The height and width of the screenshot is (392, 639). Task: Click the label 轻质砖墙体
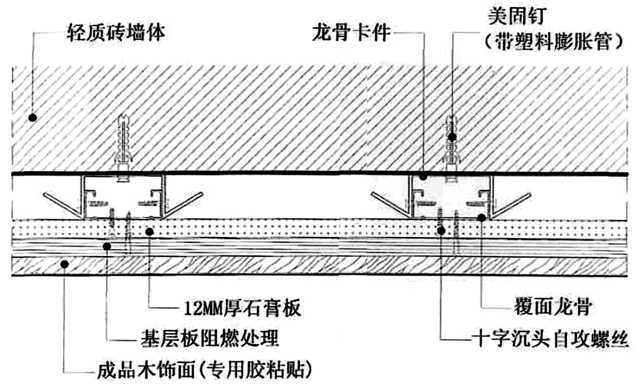pyautogui.click(x=116, y=32)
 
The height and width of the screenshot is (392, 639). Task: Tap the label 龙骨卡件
pyautogui.click(x=351, y=32)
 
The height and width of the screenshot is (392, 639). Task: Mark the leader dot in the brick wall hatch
pyautogui.click(x=33, y=117)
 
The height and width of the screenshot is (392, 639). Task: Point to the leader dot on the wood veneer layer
pyautogui.click(x=65, y=264)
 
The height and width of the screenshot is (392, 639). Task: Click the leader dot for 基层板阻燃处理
pyautogui.click(x=107, y=246)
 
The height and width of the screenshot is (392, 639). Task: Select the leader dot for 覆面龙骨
pyautogui.click(x=482, y=217)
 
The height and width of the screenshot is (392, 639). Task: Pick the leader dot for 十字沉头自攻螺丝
pyautogui.click(x=441, y=231)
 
